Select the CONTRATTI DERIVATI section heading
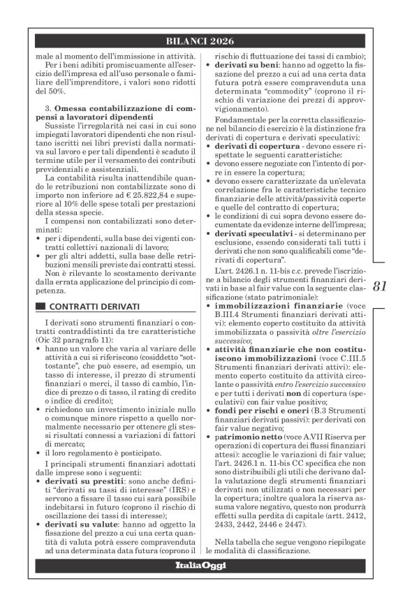94,307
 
